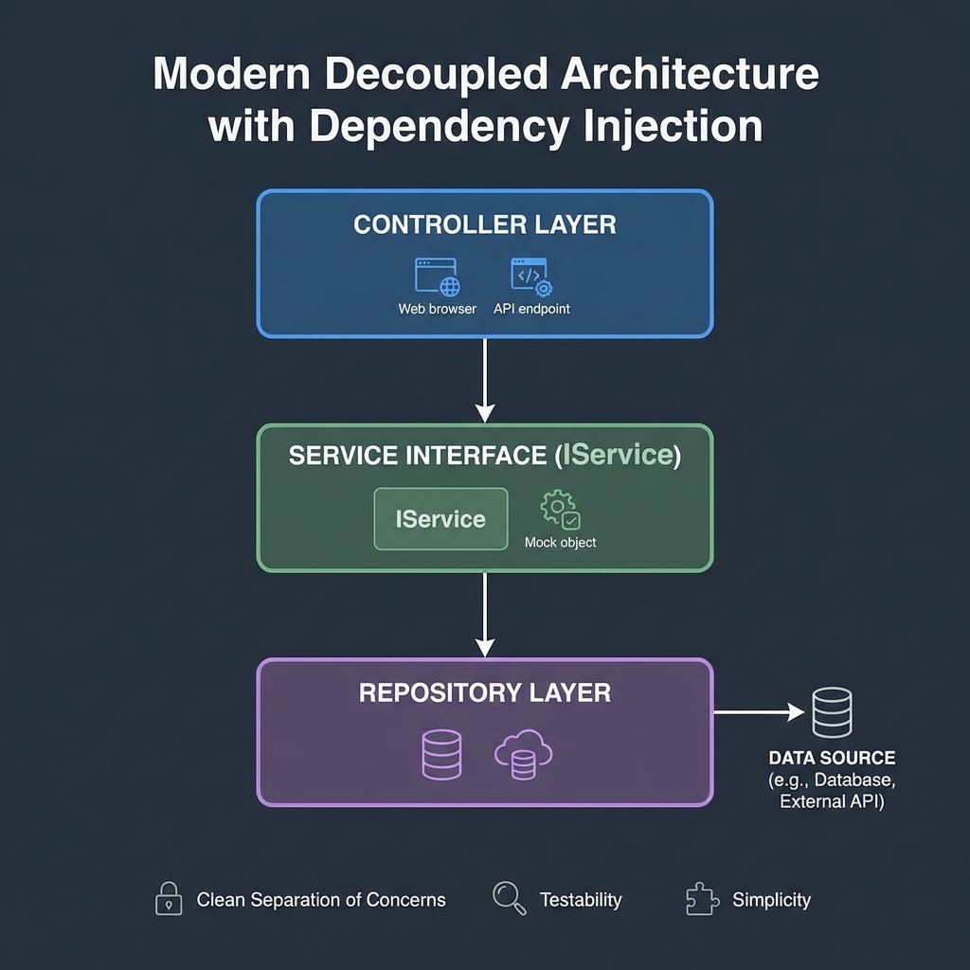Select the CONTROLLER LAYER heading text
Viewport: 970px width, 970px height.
pyautogui.click(x=484, y=225)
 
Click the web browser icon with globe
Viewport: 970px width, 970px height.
pyautogui.click(x=437, y=277)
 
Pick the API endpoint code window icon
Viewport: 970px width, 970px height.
pyautogui.click(x=531, y=277)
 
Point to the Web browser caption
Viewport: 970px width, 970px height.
pyautogui.click(x=437, y=309)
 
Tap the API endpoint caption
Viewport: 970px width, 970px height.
pyautogui.click(x=531, y=309)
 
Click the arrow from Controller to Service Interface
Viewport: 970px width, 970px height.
pyautogui.click(x=485, y=380)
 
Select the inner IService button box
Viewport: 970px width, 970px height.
pyautogui.click(x=440, y=519)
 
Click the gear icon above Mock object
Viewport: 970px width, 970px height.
pyautogui.click(x=560, y=510)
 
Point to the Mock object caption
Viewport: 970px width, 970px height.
pyautogui.click(x=560, y=543)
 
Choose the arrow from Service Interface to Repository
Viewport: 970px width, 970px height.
pyautogui.click(x=485, y=615)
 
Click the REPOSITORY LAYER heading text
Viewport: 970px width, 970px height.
pyautogui.click(x=484, y=692)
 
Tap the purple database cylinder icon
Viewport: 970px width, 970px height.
pyautogui.click(x=440, y=755)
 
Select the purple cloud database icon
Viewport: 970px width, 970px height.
pyautogui.click(x=523, y=756)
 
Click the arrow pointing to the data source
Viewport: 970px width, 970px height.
pyautogui.click(x=758, y=711)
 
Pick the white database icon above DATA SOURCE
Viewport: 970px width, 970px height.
pyautogui.click(x=832, y=713)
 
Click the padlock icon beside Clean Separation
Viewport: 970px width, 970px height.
pyautogui.click(x=168, y=899)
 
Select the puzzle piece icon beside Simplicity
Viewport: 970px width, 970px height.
pyautogui.click(x=700, y=899)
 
